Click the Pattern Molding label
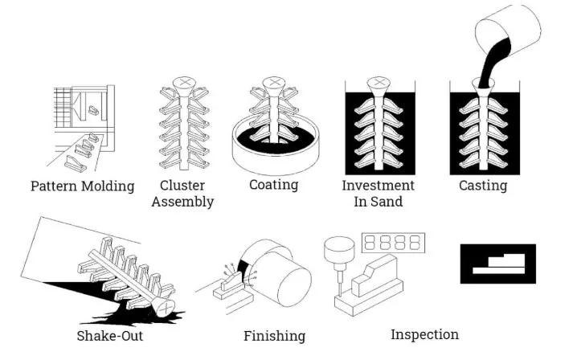point(82,186)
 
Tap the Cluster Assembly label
point(182,193)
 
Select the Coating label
point(273,185)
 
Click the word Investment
point(379,186)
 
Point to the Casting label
point(483,186)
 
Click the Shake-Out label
point(109,335)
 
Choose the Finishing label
point(275,335)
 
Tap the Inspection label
point(424,334)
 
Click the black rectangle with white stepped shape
point(497,264)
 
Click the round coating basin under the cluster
point(274,153)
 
